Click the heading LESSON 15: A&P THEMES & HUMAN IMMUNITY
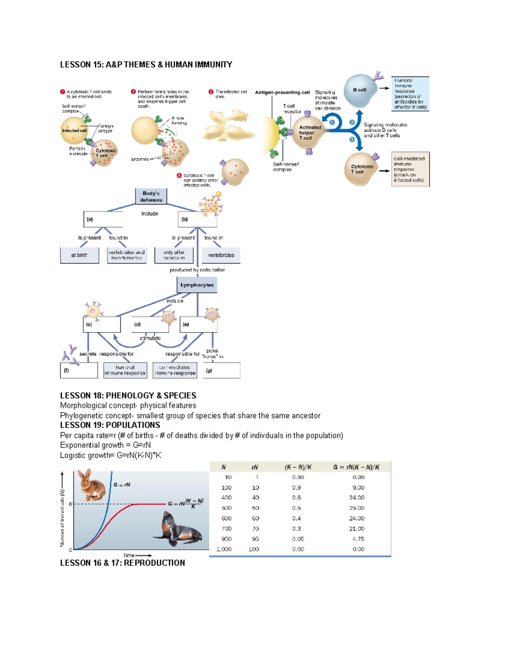pos(146,65)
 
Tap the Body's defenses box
pos(151,197)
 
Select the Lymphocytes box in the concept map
pos(197,285)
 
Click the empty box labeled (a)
pos(103,220)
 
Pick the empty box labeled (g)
pos(222,370)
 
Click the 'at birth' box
pos(79,255)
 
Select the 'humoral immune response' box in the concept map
pos(125,370)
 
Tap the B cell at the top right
pos(360,90)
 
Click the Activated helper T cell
pos(308,133)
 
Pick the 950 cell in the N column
pos(226,539)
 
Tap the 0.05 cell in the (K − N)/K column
pos(298,539)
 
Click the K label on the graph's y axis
pos(70,504)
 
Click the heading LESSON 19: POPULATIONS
pos(110,425)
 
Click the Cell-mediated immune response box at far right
pos(410,169)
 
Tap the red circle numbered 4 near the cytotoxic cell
pos(179,176)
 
